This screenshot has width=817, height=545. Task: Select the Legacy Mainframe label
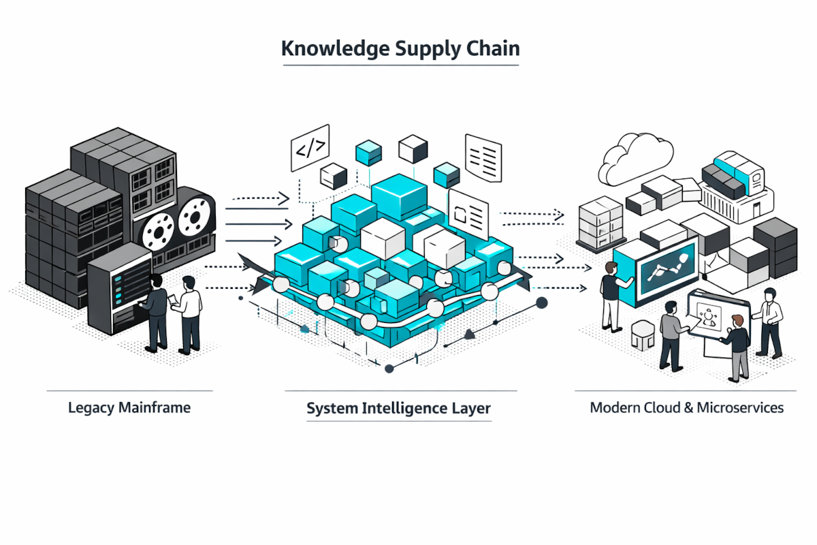pos(129,408)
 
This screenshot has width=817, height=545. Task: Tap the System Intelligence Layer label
pos(398,409)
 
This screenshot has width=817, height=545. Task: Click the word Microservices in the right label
pos(745,408)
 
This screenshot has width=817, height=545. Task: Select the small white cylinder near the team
pos(642,335)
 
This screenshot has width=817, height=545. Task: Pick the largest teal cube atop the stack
pos(398,194)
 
